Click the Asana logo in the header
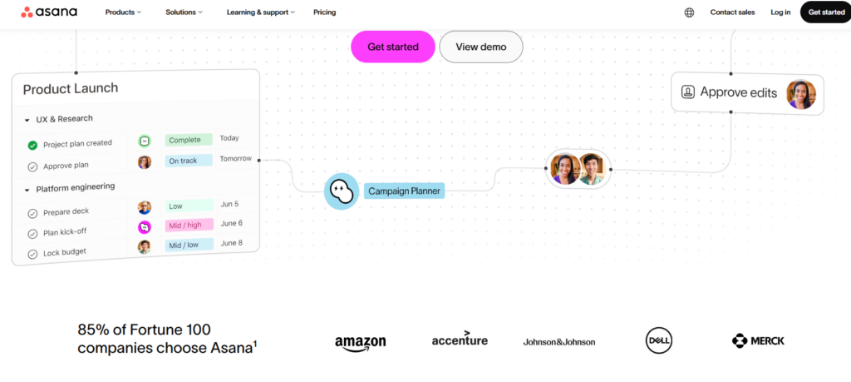tap(49, 12)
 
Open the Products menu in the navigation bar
tap(123, 12)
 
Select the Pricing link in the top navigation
tap(325, 12)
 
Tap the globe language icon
tap(689, 12)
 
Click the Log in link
tap(780, 12)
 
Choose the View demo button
tap(481, 47)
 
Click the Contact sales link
tap(732, 12)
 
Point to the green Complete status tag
tap(189, 140)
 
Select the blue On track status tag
tap(189, 161)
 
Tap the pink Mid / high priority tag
tap(189, 225)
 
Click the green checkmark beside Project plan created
tap(32, 145)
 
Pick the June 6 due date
tap(232, 223)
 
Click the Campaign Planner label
tap(405, 191)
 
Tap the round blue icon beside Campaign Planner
tap(342, 191)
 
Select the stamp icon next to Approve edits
tap(687, 92)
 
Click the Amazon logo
tap(361, 343)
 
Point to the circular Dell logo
tap(659, 340)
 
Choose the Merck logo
tap(758, 340)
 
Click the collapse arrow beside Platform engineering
tap(27, 191)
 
